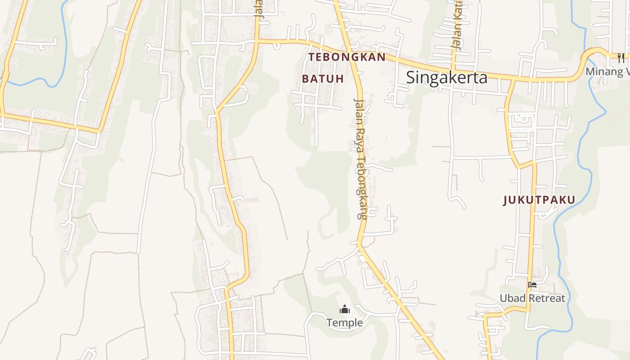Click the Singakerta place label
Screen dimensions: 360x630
click(446, 77)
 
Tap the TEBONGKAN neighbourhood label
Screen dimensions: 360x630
click(347, 57)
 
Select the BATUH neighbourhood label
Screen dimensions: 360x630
click(323, 79)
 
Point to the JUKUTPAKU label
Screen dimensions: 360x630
click(539, 200)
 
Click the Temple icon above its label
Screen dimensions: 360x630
click(345, 310)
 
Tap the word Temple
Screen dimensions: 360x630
click(345, 323)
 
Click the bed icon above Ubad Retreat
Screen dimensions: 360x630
click(532, 285)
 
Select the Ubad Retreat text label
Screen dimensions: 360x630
click(532, 298)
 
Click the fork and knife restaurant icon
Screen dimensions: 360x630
click(621, 58)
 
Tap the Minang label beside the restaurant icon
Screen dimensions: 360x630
click(605, 72)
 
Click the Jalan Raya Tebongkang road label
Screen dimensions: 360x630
click(360, 158)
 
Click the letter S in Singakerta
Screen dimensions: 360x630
click(411, 77)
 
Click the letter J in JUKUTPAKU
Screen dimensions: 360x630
click(506, 200)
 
